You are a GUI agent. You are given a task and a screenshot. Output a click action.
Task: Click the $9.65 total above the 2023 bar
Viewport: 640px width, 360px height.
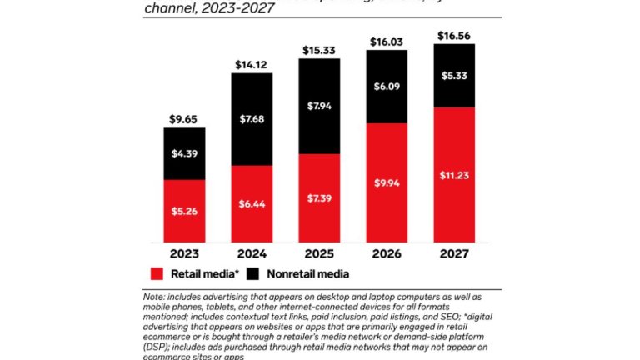184,119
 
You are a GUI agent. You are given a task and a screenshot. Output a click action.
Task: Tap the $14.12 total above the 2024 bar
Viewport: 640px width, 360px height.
252,65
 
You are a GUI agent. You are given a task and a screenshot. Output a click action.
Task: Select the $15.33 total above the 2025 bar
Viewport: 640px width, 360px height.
319,51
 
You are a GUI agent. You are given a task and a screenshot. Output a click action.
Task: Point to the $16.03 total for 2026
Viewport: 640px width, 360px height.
387,42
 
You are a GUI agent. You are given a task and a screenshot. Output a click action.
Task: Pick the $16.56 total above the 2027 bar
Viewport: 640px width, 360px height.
454,36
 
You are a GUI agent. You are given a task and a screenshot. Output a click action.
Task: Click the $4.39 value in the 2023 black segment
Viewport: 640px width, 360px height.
184,153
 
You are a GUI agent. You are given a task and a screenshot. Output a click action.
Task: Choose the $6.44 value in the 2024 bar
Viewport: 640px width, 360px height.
252,202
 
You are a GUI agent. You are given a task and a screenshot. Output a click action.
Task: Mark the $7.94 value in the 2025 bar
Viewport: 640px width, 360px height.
319,106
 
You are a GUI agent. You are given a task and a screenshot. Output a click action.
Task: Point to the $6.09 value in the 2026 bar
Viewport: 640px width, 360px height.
387,86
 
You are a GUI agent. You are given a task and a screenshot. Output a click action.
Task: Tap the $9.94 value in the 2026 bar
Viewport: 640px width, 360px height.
387,182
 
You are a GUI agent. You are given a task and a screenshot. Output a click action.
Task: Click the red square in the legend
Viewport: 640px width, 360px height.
157,273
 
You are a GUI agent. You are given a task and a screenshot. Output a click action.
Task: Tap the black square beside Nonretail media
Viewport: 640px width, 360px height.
253,273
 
